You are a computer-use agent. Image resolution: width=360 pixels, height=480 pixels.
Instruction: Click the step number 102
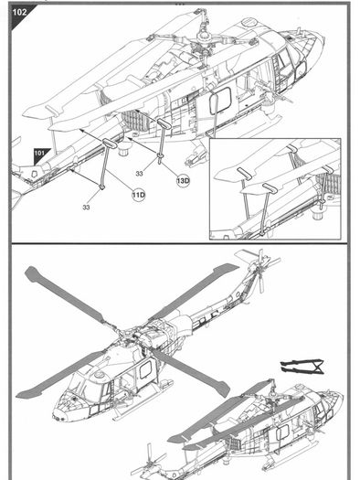click(x=19, y=12)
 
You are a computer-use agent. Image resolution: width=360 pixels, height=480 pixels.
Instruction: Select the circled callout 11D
click(x=139, y=195)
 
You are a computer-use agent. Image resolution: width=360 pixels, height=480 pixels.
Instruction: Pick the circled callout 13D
click(x=183, y=180)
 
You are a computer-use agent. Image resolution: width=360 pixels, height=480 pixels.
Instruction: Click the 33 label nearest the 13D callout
click(x=139, y=174)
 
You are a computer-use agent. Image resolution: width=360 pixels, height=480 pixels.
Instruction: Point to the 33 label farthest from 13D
click(x=86, y=208)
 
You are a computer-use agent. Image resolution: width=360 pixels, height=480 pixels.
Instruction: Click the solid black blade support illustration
click(x=302, y=366)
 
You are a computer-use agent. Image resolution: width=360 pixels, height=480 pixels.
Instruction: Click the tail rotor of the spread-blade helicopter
click(x=260, y=270)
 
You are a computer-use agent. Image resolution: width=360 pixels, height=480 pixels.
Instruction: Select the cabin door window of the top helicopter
click(x=220, y=101)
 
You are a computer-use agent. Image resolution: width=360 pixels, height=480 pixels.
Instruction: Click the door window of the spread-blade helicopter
click(x=145, y=368)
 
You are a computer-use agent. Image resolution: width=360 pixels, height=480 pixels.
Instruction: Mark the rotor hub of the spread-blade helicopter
click(x=126, y=334)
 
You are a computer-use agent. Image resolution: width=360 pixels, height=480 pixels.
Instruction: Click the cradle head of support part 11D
click(x=110, y=143)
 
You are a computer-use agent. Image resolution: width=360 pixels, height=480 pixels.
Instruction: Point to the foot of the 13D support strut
click(x=160, y=157)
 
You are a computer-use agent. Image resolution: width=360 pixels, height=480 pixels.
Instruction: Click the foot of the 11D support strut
click(x=101, y=187)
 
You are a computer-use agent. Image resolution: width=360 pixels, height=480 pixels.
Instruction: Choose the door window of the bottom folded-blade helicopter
click(x=282, y=433)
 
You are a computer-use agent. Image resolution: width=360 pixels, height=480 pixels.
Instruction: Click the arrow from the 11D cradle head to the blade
click(x=90, y=134)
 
